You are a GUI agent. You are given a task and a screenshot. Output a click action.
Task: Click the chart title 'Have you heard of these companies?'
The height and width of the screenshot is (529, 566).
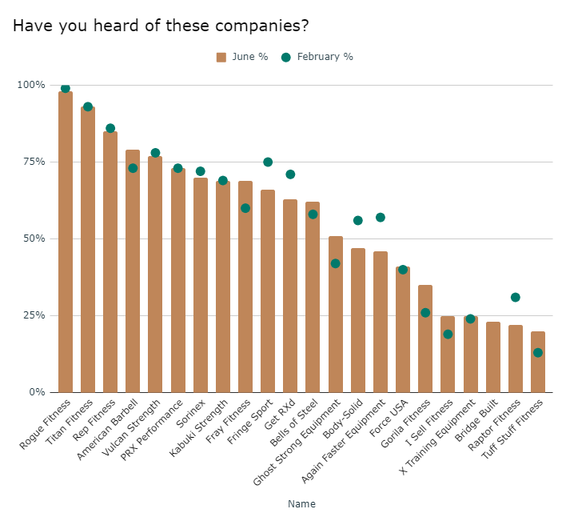point(161,26)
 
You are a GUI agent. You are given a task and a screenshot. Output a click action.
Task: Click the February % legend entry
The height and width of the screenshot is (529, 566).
point(317,57)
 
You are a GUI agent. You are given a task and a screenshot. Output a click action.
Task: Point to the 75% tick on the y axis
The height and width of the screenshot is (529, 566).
point(34,162)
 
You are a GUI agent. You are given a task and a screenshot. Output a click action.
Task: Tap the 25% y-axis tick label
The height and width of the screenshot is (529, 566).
point(34,315)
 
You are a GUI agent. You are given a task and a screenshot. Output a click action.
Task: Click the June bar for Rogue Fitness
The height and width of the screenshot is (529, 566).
point(66,240)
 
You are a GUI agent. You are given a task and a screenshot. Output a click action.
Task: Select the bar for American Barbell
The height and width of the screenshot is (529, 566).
point(133,272)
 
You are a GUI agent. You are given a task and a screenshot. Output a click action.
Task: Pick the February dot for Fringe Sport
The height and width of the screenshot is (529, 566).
point(268,162)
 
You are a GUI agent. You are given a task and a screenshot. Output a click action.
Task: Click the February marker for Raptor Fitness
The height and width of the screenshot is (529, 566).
point(516,297)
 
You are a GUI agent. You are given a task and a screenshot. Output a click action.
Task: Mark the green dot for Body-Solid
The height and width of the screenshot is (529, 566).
point(358,220)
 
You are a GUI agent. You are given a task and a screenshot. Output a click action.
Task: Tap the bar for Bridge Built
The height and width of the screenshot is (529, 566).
point(493,357)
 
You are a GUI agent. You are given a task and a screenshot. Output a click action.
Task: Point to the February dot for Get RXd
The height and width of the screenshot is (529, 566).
point(290,174)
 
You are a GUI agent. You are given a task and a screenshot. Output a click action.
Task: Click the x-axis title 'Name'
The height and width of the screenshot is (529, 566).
point(302,504)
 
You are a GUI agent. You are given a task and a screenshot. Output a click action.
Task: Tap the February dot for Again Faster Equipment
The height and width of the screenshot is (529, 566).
point(381,217)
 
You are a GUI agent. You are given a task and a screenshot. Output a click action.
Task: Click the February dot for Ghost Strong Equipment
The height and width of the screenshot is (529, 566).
point(336,263)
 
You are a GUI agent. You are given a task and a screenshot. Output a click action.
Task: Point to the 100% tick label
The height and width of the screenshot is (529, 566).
point(32,85)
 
